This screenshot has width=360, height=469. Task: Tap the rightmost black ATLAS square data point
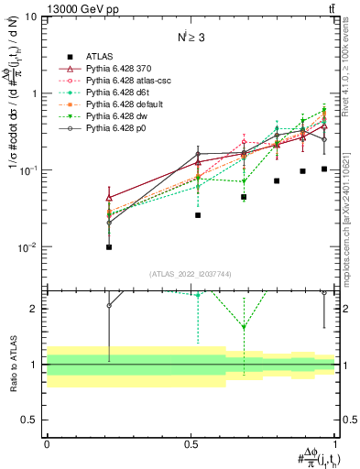tap(324, 169)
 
